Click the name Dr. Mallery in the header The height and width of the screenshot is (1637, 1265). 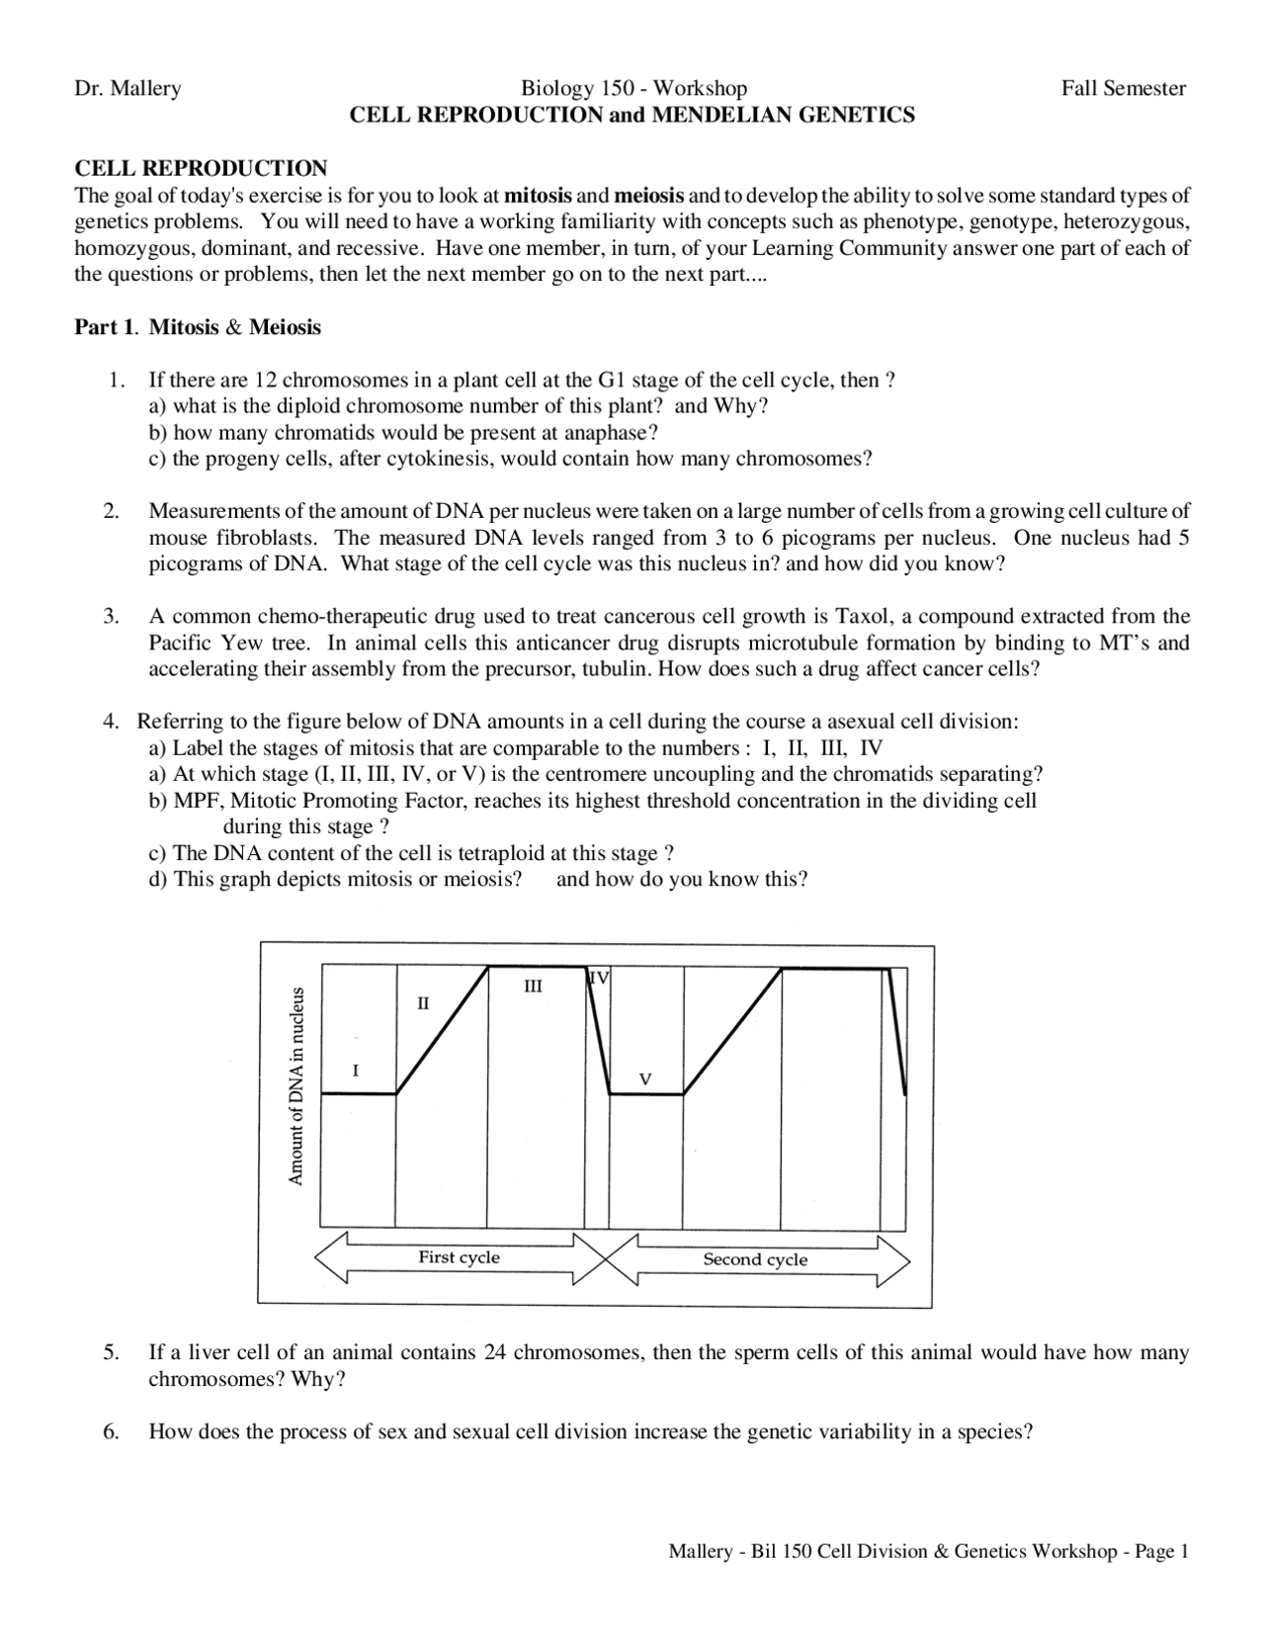128,89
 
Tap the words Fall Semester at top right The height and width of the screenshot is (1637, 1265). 1124,89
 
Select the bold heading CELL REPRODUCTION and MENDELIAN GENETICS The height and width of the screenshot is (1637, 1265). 632,116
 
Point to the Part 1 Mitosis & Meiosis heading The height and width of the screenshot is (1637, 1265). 198,327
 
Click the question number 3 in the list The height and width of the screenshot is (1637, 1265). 111,617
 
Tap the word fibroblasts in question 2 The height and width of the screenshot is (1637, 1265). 268,539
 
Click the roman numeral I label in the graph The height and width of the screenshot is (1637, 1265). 355,1070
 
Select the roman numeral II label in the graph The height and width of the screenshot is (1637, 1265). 423,1003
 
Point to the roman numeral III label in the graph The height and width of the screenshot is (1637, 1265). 533,987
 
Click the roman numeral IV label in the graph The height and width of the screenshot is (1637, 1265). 599,979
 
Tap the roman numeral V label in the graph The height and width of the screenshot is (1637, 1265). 645,1078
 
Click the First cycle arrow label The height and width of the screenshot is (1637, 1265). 459,1257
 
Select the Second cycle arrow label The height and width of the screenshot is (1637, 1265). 755,1259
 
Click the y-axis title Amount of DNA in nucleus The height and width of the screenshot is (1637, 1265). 296,1086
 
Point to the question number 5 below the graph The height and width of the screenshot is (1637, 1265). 111,1352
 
